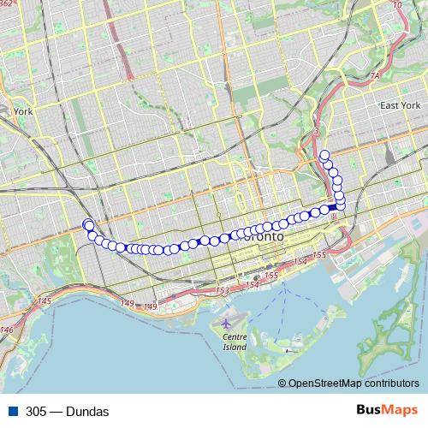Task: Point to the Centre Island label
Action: click(234, 342)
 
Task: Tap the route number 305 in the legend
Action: click(36, 412)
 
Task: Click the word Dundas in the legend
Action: click(89, 412)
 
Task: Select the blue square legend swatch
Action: click(12, 412)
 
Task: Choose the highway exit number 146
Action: click(7, 330)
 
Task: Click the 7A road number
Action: click(374, 76)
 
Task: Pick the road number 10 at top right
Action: click(396, 5)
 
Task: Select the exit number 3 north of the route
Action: click(316, 131)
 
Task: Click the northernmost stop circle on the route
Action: click(324, 155)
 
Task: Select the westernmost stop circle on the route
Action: click(86, 224)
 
